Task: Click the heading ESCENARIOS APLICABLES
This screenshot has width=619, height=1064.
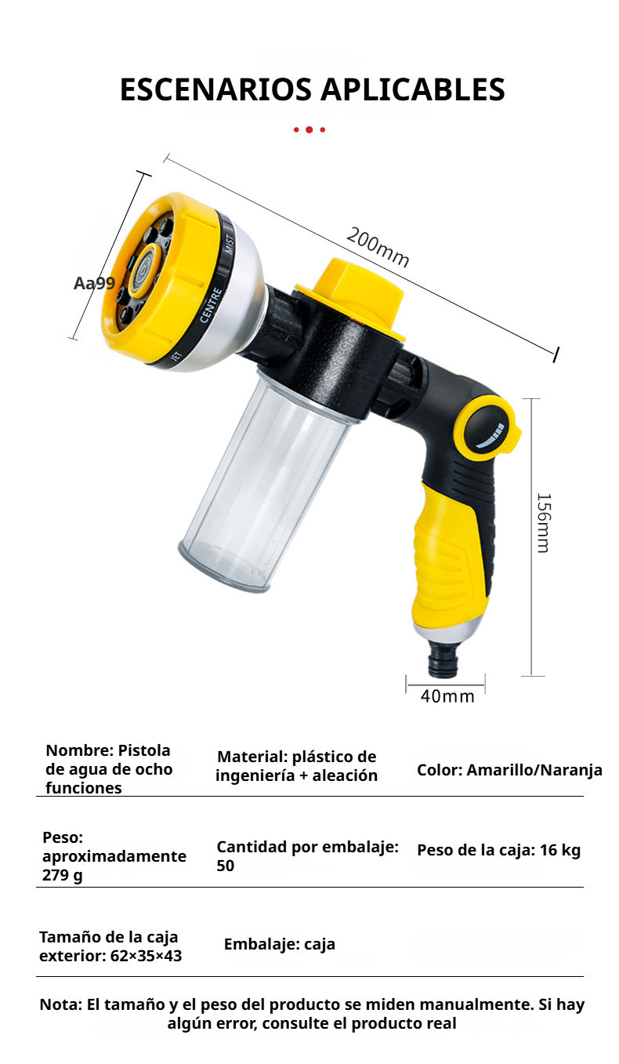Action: [312, 90]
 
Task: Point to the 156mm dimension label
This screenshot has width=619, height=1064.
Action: [543, 523]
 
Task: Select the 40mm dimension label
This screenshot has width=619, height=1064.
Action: [447, 695]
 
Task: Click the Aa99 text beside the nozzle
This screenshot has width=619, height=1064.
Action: [94, 283]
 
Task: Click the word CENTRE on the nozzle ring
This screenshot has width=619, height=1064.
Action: [212, 305]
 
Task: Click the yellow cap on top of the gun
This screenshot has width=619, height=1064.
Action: [353, 294]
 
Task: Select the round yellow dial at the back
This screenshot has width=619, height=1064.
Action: [490, 429]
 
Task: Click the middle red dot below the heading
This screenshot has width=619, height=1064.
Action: [309, 129]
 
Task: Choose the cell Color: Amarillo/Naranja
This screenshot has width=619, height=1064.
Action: [509, 770]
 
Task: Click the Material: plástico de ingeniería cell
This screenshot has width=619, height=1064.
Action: [296, 766]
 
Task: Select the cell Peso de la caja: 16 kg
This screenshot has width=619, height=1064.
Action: [498, 850]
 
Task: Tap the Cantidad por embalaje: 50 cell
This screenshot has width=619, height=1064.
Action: [307, 856]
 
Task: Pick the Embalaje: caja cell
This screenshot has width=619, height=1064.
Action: [280, 944]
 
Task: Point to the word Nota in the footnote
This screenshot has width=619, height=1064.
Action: [59, 1004]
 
